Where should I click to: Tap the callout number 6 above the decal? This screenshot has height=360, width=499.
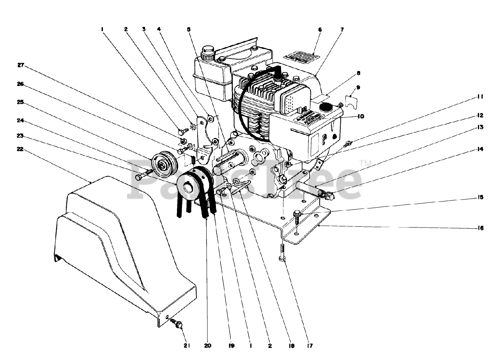pyautogui.click(x=320, y=30)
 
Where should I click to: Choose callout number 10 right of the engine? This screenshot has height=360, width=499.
pyautogui.click(x=361, y=116)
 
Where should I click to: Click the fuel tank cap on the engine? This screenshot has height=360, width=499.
pyautogui.click(x=208, y=51)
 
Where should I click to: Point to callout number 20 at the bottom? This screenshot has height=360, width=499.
pyautogui.click(x=208, y=346)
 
